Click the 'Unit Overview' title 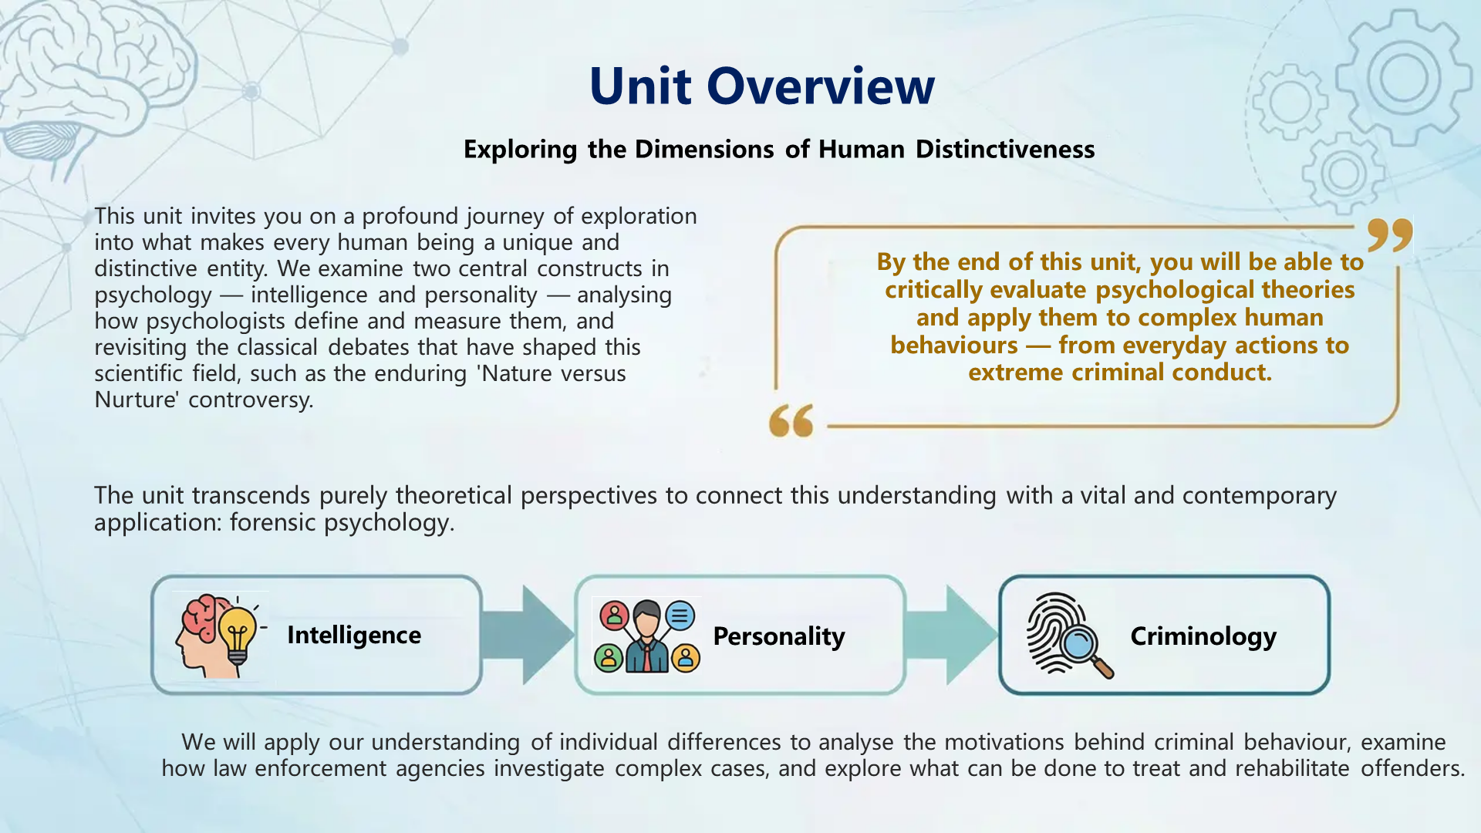tap(761, 86)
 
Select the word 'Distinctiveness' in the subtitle tap(1005, 149)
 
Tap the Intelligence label tap(354, 635)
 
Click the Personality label tap(778, 636)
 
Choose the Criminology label tap(1203, 636)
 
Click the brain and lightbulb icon tap(220, 636)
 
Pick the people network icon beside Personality tap(646, 636)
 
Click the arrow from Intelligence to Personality tap(528, 635)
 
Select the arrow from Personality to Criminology tap(953, 635)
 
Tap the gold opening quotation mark tap(791, 420)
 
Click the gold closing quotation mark tap(1389, 234)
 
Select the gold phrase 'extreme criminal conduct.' tap(1119, 373)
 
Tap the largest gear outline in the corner tap(1404, 77)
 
